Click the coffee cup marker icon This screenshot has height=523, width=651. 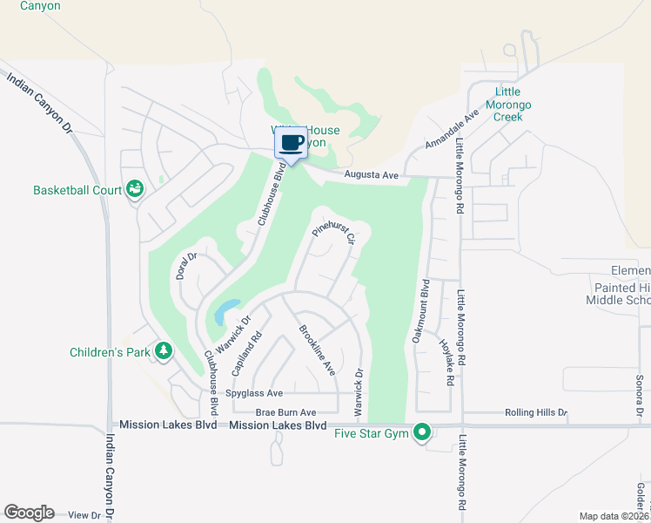[292, 143]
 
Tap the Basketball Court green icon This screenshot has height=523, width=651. [135, 188]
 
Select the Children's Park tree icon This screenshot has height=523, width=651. [163, 351]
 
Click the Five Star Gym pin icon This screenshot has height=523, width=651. [423, 431]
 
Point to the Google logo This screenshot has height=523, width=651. [28, 513]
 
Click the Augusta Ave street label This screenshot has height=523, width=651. [371, 175]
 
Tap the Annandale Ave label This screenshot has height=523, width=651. [453, 132]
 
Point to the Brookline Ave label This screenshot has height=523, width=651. [317, 350]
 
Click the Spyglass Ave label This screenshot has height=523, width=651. [254, 393]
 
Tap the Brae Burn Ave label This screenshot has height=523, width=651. [283, 412]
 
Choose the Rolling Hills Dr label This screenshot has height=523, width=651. [535, 412]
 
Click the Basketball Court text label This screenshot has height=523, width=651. [74, 189]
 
